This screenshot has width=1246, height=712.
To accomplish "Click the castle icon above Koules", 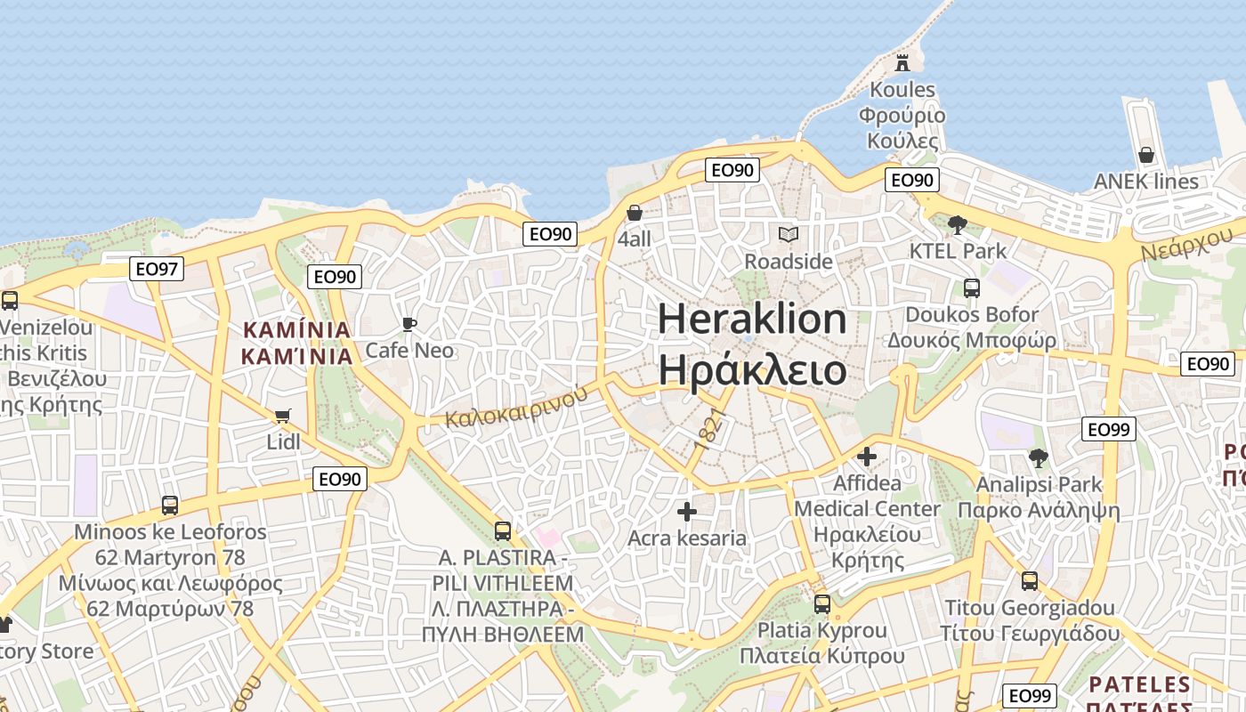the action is click(x=902, y=62).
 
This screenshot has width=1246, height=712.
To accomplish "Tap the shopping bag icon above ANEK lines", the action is click(x=1146, y=155).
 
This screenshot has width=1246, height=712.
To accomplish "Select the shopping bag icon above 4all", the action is click(x=635, y=213).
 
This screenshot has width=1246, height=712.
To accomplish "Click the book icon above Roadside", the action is click(x=788, y=234).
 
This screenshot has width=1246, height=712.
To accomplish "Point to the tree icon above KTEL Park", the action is click(x=958, y=224).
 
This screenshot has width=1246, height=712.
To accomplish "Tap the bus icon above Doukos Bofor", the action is click(x=971, y=288).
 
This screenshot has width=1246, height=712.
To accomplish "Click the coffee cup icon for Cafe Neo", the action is click(x=409, y=324).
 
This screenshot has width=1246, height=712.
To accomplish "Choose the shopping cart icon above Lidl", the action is click(x=283, y=416).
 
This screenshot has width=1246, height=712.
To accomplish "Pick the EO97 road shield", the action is click(x=157, y=269).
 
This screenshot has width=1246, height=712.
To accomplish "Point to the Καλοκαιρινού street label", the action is click(x=517, y=406).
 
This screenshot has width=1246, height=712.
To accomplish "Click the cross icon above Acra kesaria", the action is click(x=686, y=512).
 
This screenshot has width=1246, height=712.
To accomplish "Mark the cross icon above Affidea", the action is click(x=866, y=457).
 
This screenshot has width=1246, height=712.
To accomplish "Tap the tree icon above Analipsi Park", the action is click(x=1038, y=458).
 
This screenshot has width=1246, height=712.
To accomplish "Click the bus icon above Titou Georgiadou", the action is click(x=1029, y=581).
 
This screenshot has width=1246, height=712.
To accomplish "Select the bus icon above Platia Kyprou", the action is click(x=821, y=604).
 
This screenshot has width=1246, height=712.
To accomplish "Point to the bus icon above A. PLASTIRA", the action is click(x=503, y=531).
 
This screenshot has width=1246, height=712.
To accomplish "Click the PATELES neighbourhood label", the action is click(x=1140, y=685).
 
